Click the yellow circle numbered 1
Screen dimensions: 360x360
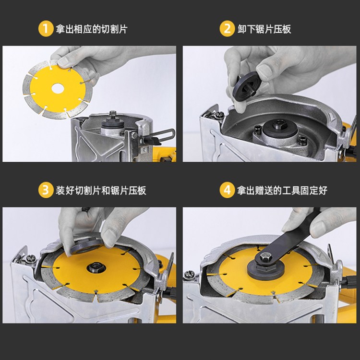(46, 29)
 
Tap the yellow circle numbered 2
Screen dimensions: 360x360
(227, 29)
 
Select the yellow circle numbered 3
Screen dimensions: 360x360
(46, 190)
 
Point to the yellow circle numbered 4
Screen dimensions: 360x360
(227, 190)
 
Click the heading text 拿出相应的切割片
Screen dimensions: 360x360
(92, 29)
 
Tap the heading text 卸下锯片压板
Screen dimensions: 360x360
(264, 29)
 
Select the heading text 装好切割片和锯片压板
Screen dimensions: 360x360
(101, 191)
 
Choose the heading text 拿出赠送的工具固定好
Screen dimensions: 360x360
(282, 191)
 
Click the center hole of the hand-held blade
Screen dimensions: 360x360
(58, 88)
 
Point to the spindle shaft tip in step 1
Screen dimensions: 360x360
(113, 114)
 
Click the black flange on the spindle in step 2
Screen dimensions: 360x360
(281, 129)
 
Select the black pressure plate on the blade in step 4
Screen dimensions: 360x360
(265, 270)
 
